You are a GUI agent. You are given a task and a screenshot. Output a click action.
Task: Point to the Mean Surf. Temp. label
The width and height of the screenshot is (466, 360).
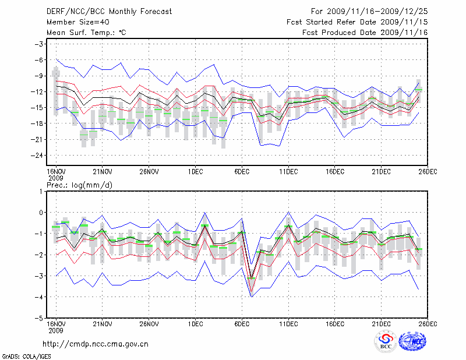(86, 33)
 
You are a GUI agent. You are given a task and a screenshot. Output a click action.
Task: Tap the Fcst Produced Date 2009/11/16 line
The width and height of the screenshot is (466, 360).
(365, 33)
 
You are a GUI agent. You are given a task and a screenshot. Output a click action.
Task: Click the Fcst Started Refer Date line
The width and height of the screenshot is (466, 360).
(357, 22)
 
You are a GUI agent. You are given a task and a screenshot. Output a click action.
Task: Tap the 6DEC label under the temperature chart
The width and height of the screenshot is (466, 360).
(242, 171)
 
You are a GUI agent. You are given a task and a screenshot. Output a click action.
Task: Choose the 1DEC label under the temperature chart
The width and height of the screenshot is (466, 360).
(195, 171)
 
